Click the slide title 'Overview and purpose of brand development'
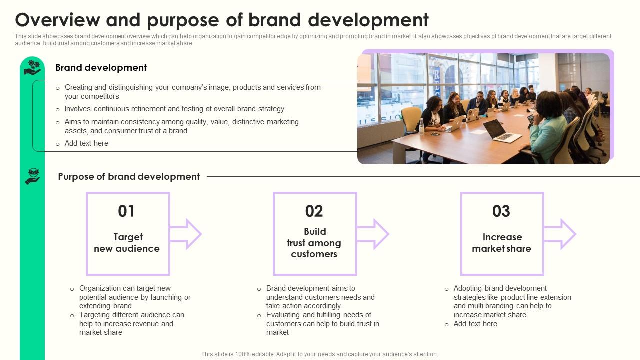pos(222,20)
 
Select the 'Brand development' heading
pos(101,68)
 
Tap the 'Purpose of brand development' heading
pos(129,177)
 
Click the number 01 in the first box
pos(126,211)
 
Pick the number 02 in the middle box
pos(314,211)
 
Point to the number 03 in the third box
pos(501,211)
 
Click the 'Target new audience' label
pos(127,243)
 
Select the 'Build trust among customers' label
pos(314,243)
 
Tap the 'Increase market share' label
pos(502,243)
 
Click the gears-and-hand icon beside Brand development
pos(32,67)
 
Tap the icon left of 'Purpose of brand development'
pos(32,176)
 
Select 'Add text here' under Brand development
pos(86,143)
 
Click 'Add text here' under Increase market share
pos(475,324)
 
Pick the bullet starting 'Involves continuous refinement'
pos(174,109)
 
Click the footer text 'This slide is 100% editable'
pos(319,354)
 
